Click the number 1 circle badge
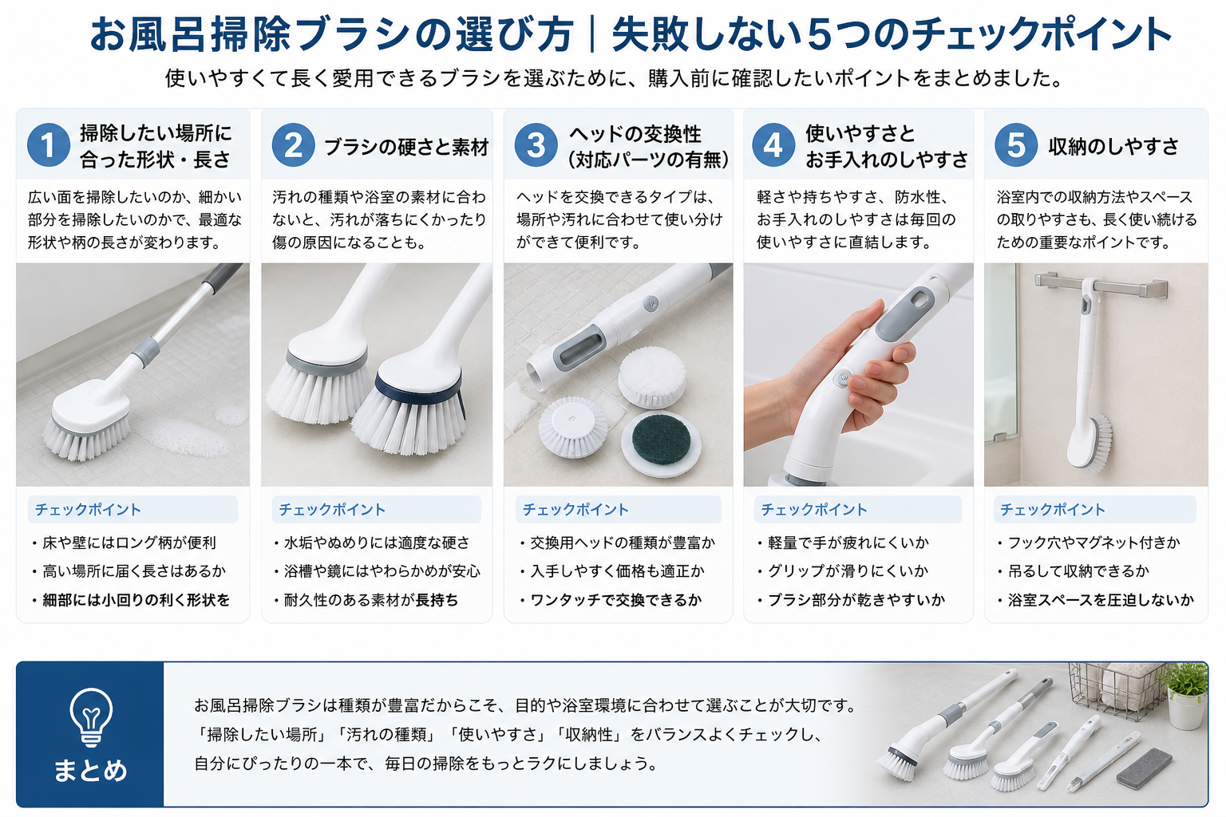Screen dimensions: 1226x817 [x=49, y=145]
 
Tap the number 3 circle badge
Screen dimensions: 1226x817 [x=536, y=145]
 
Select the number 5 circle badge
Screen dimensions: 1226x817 [x=1016, y=145]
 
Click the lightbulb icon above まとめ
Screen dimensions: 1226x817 [x=91, y=716]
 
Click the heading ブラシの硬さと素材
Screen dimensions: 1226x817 [x=406, y=147]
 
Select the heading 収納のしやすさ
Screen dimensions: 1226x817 [x=1113, y=146]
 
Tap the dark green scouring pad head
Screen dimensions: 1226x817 [x=661, y=440]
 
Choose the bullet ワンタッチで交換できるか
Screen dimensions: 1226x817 [x=611, y=600]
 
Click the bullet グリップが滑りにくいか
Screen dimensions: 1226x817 [x=843, y=571]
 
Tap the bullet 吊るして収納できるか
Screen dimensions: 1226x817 [x=1074, y=571]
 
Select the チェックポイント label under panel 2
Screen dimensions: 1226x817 [x=332, y=510]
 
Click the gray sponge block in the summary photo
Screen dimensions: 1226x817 [x=1144, y=768]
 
